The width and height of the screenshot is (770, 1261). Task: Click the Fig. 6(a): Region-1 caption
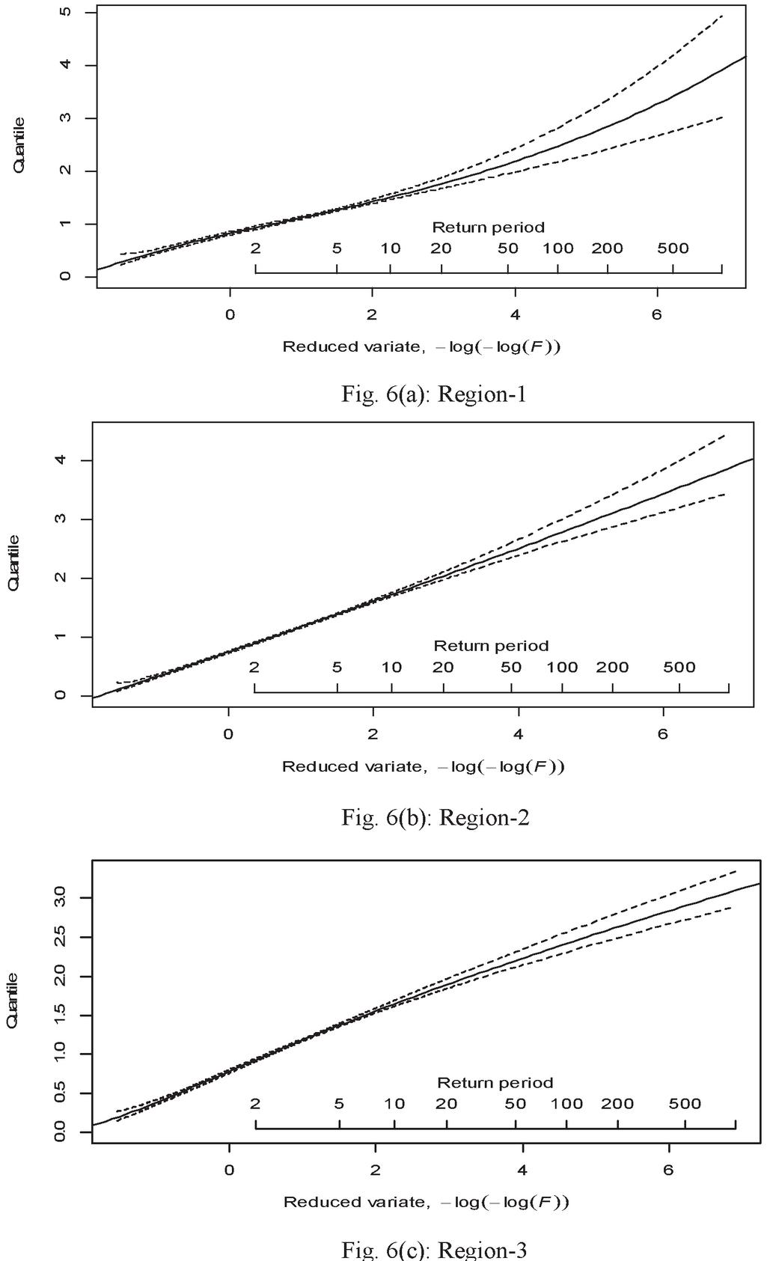[434, 394]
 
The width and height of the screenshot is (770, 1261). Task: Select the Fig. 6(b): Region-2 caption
[436, 816]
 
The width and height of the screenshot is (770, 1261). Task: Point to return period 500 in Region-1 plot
[672, 248]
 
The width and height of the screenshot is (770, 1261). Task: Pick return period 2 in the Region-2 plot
[254, 667]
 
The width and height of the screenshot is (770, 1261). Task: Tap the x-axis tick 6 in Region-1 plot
[657, 314]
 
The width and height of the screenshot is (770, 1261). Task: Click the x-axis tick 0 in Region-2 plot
[228, 734]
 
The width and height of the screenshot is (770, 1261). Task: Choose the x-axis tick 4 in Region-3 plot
[522, 1170]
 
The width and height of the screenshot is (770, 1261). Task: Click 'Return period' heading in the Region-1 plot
[488, 227]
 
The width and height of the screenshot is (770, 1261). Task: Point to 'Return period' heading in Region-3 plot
[495, 1082]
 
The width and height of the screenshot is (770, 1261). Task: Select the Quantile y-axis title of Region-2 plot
[13, 563]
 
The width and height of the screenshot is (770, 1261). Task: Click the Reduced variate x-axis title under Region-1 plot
[422, 346]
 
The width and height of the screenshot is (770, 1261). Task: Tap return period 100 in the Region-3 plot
[566, 1103]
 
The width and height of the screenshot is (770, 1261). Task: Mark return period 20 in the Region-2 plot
[443, 667]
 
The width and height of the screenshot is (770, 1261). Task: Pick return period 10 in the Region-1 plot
[391, 248]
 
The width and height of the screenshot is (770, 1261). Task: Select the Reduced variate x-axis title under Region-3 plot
[427, 1202]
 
